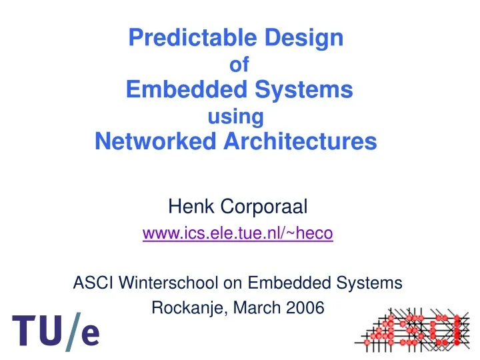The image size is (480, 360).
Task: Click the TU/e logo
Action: point(56,332)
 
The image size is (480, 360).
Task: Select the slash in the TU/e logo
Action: point(71,331)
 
